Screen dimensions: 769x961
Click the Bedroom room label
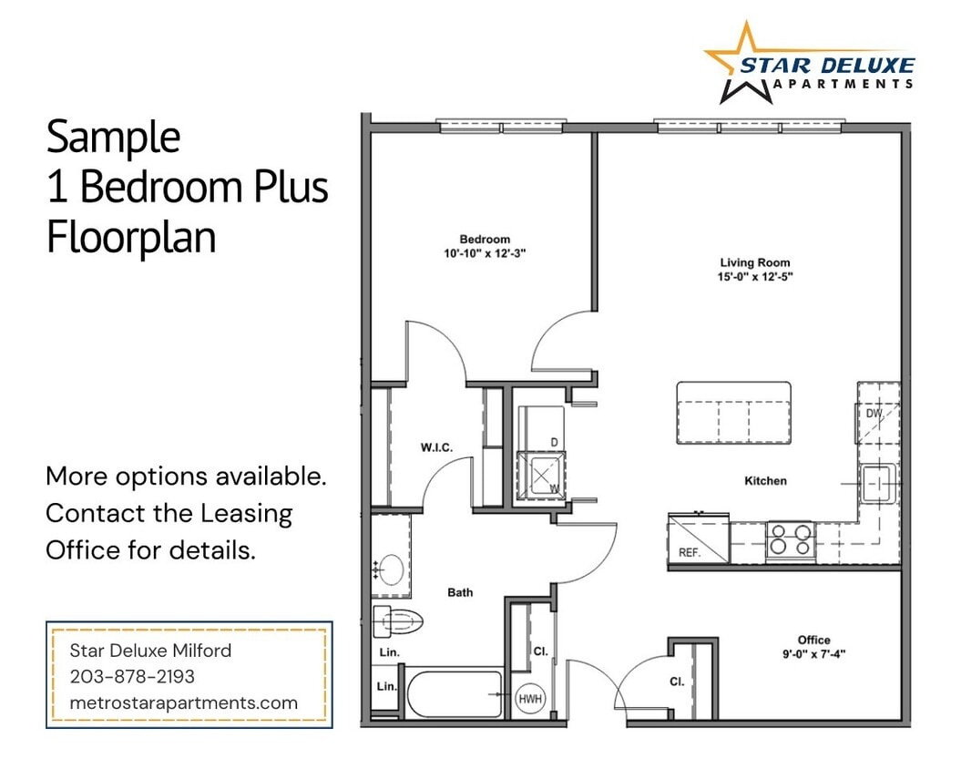485,240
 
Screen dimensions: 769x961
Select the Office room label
813,640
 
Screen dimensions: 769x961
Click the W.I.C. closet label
436,446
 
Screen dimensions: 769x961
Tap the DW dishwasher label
874,413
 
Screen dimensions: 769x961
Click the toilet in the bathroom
399,622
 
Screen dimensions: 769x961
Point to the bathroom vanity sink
391,569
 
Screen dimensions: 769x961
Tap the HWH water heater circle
529,699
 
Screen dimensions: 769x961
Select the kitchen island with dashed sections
733,413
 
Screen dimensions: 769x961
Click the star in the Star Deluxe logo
741,62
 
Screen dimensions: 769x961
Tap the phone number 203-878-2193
132,677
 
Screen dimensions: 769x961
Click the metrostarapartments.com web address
183,702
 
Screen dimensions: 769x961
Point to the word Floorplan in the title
131,237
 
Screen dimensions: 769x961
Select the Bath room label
460,592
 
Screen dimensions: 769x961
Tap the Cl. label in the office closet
677,681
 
